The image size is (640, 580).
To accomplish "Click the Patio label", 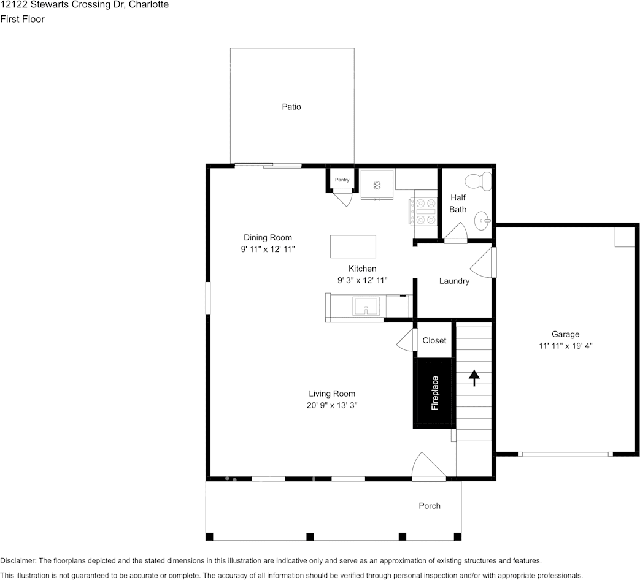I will [291, 107].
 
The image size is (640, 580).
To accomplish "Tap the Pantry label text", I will [342, 180].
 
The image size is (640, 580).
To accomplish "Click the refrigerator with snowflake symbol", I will [377, 185].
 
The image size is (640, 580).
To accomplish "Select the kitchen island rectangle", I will [353, 246].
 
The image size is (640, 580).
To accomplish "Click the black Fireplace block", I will [434, 393].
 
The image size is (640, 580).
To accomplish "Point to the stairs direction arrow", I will [474, 378].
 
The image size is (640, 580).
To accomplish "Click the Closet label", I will [434, 340].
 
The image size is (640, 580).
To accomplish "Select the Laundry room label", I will [454, 281].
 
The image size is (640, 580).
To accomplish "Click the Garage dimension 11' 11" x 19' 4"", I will [565, 345].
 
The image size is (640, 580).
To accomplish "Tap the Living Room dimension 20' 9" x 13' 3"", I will [331, 405].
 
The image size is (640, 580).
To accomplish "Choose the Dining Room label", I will [268, 237].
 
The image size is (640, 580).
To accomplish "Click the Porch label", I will [430, 505].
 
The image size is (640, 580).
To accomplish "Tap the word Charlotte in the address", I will [149, 5].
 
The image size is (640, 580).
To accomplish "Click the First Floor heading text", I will [22, 19].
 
